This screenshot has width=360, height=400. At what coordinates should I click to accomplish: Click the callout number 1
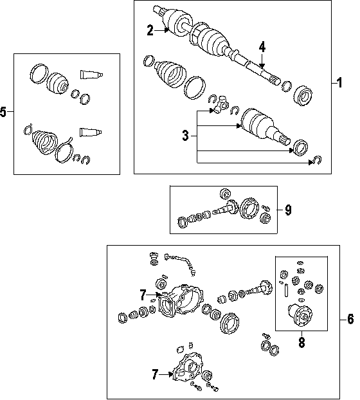(339, 83)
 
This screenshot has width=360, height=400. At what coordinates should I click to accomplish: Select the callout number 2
(150, 30)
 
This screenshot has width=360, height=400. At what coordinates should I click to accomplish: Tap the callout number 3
(185, 136)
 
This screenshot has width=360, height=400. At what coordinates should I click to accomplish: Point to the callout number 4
(262, 47)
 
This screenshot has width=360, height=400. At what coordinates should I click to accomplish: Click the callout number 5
(3, 112)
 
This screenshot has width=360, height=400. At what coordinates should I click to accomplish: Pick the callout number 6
(351, 319)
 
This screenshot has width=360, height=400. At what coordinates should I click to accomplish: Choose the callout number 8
(302, 342)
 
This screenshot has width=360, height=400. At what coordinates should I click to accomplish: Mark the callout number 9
(288, 210)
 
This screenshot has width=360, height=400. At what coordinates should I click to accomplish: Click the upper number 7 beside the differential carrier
(143, 295)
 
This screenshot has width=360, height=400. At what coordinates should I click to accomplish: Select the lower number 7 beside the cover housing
(155, 374)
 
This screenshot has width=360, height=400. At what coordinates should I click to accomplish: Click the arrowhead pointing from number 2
(167, 30)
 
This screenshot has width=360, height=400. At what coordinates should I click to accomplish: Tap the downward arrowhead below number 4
(262, 66)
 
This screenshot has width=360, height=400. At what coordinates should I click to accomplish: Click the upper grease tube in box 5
(91, 74)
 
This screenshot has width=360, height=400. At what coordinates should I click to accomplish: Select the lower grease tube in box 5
(91, 132)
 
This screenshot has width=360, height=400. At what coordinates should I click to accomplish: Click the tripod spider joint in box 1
(221, 104)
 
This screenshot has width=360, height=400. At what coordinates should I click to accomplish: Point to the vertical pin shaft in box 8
(286, 291)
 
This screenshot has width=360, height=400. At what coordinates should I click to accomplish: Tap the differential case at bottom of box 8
(300, 315)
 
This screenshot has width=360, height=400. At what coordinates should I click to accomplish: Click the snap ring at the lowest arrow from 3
(318, 160)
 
